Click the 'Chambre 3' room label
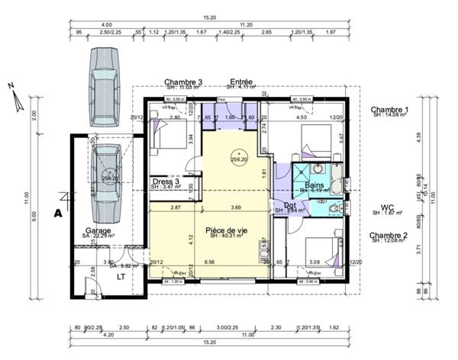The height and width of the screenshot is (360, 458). (183, 82)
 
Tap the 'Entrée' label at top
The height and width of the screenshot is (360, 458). (241, 82)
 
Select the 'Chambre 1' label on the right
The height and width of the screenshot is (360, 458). (389, 110)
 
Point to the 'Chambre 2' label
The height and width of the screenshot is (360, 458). (389, 236)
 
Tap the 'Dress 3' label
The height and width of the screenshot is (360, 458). (166, 181)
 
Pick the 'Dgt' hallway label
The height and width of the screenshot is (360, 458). (290, 204)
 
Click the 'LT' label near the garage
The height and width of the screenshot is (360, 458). (121, 278)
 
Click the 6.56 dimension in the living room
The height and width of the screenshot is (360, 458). (209, 262)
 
